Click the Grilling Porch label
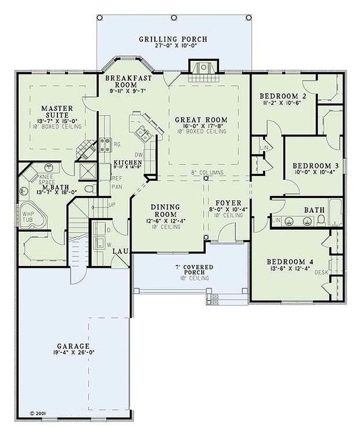pos(173,39)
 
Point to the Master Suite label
pos(57,112)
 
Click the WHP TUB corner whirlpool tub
pos(31,217)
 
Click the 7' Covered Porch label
pos(190,269)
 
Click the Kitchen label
pos(128,163)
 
